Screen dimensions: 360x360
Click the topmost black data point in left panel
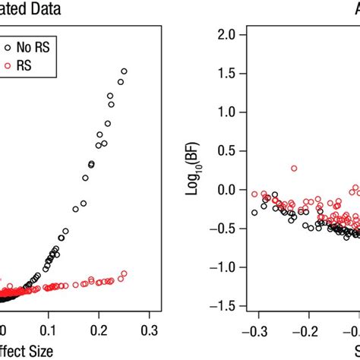(x=124, y=71)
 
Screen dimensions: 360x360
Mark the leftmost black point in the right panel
(x=254, y=213)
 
